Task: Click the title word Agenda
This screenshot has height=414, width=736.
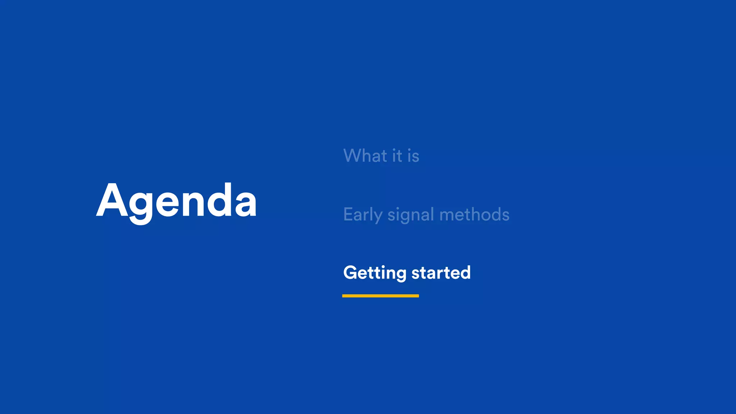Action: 176,201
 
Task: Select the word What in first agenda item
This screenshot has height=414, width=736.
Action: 365,156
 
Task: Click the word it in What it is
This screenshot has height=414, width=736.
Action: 397,156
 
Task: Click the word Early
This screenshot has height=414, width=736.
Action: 363,215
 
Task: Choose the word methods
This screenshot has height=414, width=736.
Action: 474,215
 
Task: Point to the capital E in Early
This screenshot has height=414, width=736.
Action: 348,214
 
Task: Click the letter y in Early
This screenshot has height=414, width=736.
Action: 377,217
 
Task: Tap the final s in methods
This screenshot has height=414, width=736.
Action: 505,216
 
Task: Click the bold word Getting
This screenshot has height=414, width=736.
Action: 374,273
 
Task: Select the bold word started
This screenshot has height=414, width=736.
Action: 441,272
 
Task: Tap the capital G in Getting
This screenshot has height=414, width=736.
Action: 351,272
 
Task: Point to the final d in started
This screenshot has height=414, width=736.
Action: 465,272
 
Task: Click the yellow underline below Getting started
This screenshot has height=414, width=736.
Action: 380,296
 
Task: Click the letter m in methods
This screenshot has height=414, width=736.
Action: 448,216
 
